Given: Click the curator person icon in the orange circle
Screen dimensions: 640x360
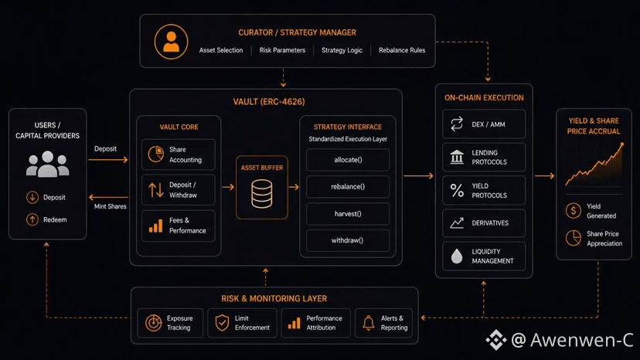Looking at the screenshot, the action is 171,42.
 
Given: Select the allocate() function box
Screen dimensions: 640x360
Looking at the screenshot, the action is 348,160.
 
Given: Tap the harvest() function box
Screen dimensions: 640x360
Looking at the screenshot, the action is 348,213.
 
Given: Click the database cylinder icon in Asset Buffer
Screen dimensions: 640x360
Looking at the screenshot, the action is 261,194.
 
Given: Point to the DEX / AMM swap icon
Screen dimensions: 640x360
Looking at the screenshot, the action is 457,124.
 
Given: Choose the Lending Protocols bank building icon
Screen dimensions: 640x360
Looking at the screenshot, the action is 457,157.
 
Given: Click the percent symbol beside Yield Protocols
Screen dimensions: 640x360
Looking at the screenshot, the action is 457,190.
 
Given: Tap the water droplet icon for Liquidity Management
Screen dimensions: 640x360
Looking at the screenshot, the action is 457,256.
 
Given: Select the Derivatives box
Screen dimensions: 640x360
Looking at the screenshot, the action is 484,222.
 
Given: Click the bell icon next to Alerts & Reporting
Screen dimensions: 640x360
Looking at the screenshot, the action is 368,323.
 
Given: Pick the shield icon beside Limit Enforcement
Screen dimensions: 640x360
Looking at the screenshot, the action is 222,323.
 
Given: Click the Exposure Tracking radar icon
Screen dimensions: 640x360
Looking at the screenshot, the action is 154,323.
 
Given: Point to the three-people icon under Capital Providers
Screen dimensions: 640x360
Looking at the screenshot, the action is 48,164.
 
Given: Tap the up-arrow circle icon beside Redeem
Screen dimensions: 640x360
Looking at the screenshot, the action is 32,219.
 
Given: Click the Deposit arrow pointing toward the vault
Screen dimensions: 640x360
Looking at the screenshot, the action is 108,160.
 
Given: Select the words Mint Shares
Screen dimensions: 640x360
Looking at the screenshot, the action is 111,206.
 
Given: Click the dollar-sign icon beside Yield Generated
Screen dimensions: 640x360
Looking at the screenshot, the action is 573,211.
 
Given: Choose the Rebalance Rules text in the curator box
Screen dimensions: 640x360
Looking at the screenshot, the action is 402,50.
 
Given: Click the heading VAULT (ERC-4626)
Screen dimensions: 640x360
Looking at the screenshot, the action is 269,102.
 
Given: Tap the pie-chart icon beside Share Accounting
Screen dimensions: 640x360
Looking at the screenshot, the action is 156,155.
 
